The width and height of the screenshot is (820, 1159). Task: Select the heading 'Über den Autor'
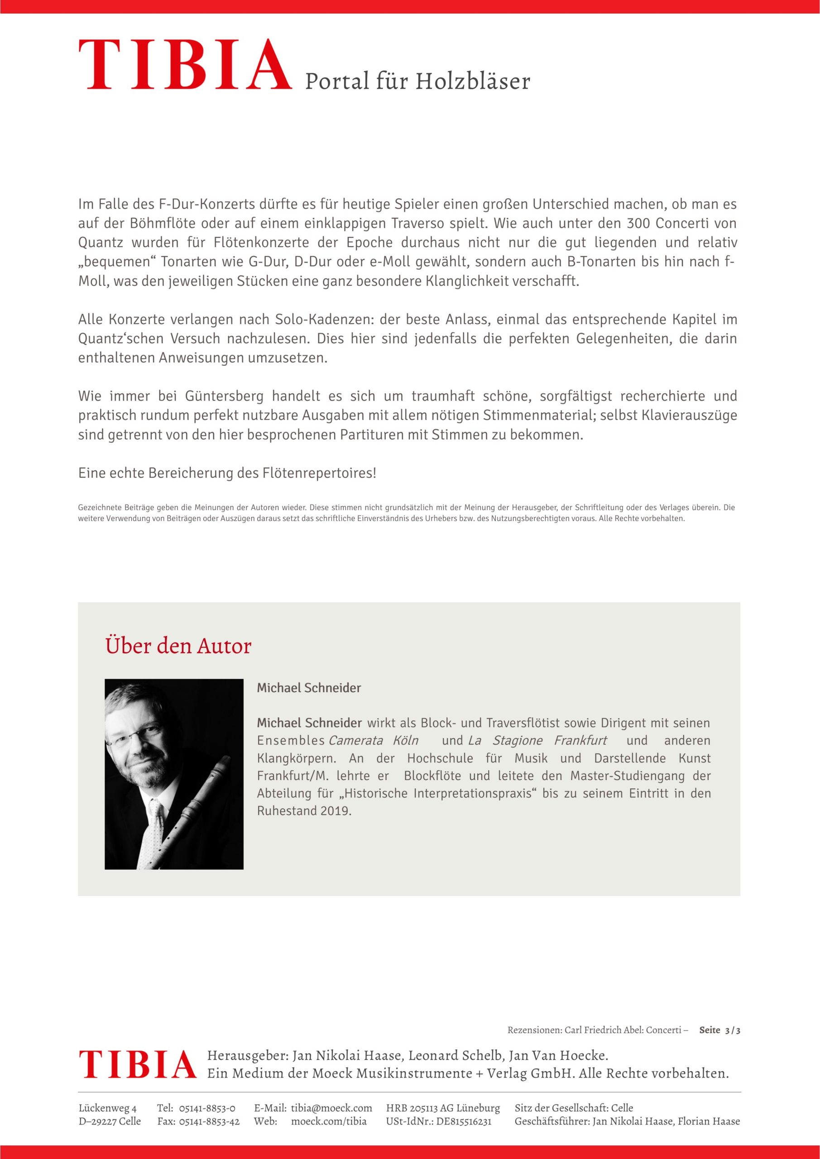click(x=178, y=646)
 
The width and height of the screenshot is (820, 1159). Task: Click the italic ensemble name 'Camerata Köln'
click(x=373, y=741)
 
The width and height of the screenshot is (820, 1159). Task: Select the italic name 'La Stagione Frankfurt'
click(x=537, y=741)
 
